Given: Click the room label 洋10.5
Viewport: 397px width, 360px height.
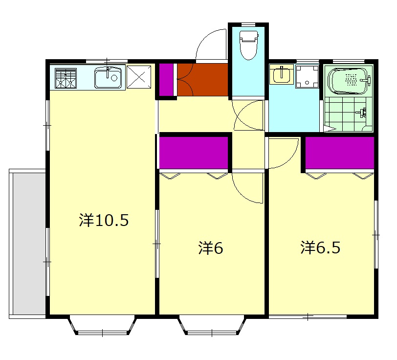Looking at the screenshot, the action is (x=104, y=220).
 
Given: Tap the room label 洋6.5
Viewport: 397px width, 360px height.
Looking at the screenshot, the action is (x=320, y=247).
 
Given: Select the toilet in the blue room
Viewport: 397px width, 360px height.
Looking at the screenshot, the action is (x=249, y=45).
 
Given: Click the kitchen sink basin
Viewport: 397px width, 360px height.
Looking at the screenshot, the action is (x=108, y=78).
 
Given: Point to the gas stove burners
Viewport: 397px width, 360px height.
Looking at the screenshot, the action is (x=66, y=78).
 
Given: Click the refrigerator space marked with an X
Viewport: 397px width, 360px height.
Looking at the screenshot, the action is (x=139, y=77).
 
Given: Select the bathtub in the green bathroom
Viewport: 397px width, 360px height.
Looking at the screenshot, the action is (x=348, y=81).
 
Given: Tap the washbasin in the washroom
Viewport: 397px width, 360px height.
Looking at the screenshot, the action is (x=281, y=74).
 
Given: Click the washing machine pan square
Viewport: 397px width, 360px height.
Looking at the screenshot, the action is (x=307, y=77).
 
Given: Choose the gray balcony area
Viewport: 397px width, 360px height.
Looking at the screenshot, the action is (x=29, y=244).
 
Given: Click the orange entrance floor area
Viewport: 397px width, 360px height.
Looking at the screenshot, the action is (x=202, y=80).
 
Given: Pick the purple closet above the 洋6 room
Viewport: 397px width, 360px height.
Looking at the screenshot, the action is (x=194, y=153).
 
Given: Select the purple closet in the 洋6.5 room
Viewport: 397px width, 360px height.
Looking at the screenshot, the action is (x=339, y=153).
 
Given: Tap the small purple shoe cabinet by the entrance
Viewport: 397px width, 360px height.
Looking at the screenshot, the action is (x=166, y=80).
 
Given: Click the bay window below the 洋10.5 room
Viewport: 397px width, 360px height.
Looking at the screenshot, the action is (x=102, y=325).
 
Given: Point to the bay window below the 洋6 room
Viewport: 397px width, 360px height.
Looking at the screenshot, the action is (x=212, y=325).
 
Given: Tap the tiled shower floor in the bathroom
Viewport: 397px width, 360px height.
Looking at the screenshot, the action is (x=348, y=114).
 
